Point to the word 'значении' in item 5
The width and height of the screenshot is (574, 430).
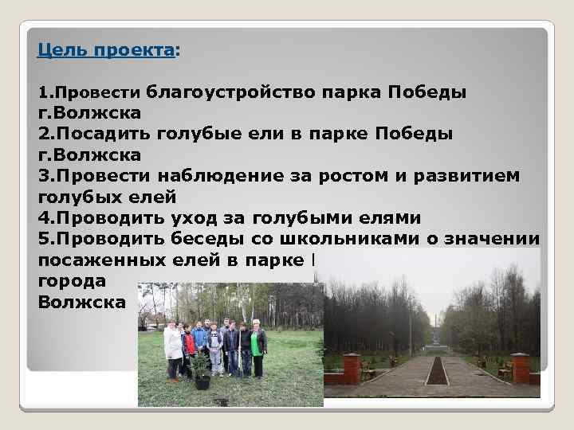pyautogui.click(x=492, y=239)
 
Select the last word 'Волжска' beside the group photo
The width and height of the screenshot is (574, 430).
pyautogui.click(x=81, y=303)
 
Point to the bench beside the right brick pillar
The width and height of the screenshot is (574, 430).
pyautogui.click(x=505, y=370)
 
